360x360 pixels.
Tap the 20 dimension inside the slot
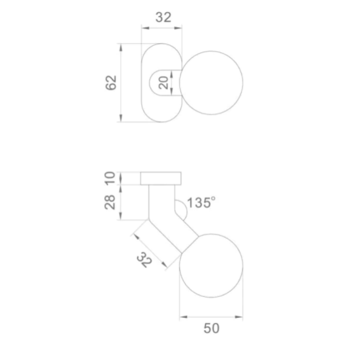163,83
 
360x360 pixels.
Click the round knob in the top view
211,83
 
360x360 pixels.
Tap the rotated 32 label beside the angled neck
145,260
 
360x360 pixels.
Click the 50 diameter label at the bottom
211,328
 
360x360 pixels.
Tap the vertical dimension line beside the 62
121,83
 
